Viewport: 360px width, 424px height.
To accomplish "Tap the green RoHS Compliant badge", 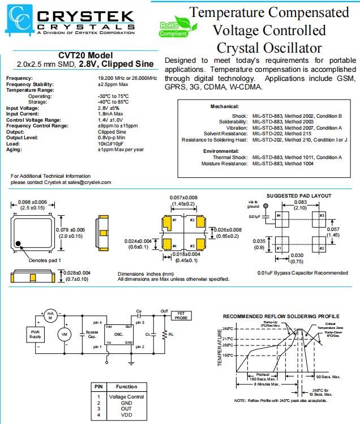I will (x=173, y=29).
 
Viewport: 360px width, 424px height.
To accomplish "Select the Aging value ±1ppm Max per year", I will (x=121, y=149).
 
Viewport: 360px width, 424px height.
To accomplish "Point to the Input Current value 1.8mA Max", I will (x=114, y=114).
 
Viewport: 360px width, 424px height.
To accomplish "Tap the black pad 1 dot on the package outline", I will (x=19, y=243).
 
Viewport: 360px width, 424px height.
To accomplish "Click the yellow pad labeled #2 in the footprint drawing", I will (x=192, y=220).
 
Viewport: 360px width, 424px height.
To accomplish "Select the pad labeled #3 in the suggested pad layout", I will (x=322, y=216).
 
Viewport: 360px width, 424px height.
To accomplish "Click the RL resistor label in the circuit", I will (x=169, y=335).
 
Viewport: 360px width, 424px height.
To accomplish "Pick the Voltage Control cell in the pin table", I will (x=123, y=396).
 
